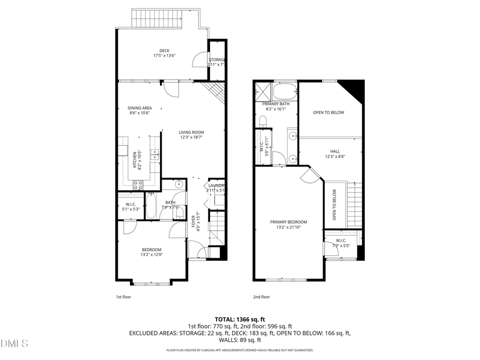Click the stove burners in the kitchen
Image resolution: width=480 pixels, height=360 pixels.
138,185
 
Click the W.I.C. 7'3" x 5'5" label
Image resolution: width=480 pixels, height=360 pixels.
341,243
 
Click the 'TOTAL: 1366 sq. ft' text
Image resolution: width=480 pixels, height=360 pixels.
239,318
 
